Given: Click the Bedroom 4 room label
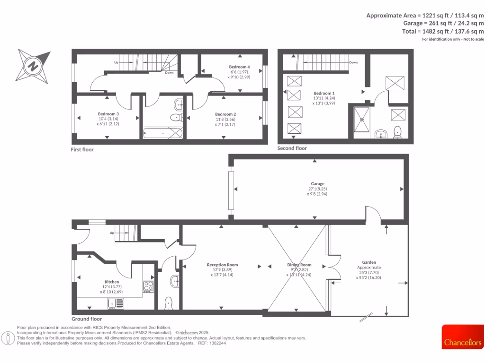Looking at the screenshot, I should pyautogui.click(x=239, y=67).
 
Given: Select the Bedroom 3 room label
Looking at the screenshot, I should pyautogui.click(x=108, y=114).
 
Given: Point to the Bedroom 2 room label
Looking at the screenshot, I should pyautogui.click(x=225, y=114).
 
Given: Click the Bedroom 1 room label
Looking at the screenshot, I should pyautogui.click(x=324, y=93).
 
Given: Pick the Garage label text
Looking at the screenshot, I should pyautogui.click(x=317, y=183).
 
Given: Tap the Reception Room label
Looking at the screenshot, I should pyautogui.click(x=223, y=265).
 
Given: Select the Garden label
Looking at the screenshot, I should pyautogui.click(x=369, y=262).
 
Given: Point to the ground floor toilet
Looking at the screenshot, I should pyautogui.click(x=169, y=302).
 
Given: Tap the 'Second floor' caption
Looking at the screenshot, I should pyautogui.click(x=292, y=148).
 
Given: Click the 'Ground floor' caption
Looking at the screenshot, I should pyautogui.click(x=87, y=319).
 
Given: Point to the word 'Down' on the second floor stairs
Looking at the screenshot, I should pyautogui.click(x=353, y=62).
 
